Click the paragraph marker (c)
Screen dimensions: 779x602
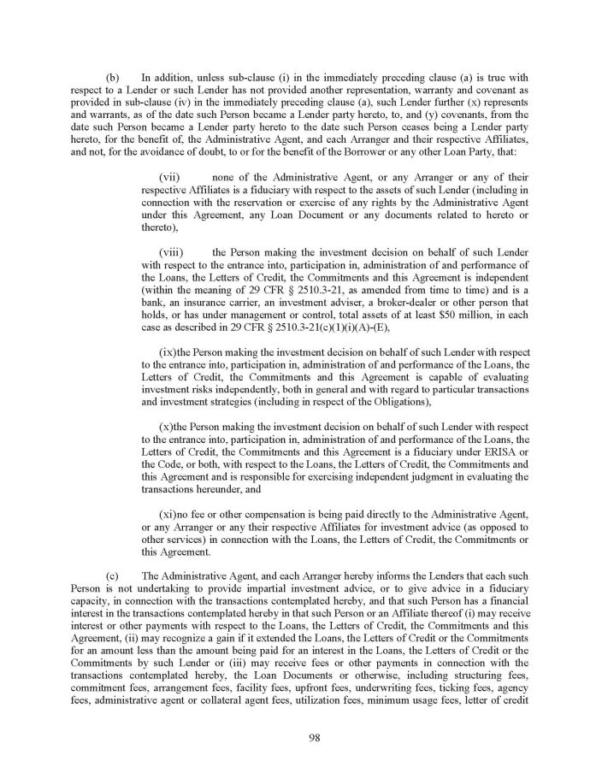pyautogui.click(x=112, y=576)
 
